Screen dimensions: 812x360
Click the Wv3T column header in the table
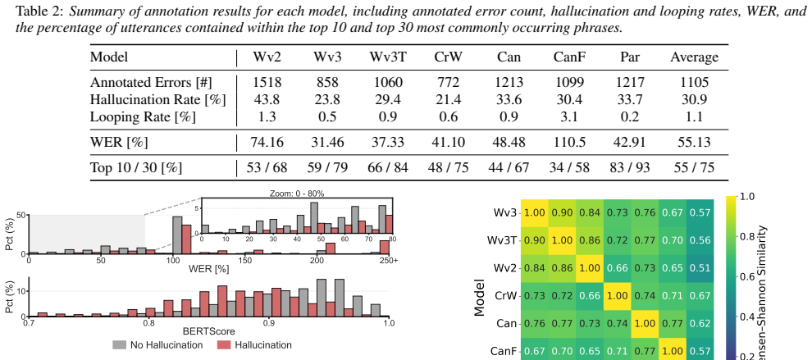pyautogui.click(x=388, y=57)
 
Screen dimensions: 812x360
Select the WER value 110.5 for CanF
pyautogui.click(x=570, y=142)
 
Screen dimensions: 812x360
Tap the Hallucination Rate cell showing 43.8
pyautogui.click(x=267, y=99)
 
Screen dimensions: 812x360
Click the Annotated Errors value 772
pyautogui.click(x=448, y=82)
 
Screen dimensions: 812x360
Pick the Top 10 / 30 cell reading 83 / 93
pyautogui.click(x=630, y=167)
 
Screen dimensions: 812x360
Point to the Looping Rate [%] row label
pyautogui.click(x=143, y=116)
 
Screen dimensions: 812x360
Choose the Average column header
pyautogui.click(x=695, y=57)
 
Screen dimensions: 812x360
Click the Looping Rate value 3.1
pyautogui.click(x=570, y=116)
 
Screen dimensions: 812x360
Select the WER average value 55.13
pyautogui.click(x=695, y=142)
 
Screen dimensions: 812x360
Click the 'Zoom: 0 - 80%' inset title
pyautogui.click(x=297, y=194)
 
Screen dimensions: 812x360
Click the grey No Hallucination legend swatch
pyautogui.click(x=119, y=345)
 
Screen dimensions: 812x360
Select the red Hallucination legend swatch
pyautogui.click(x=223, y=345)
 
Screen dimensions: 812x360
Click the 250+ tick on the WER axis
pyautogui.click(x=389, y=260)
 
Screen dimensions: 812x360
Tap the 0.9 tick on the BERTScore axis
pyautogui.click(x=269, y=322)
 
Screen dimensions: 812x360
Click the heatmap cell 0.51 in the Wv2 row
pyautogui.click(x=700, y=268)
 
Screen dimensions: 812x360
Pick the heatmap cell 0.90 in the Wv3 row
pyautogui.click(x=563, y=212)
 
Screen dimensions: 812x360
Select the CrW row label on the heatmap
pyautogui.click(x=506, y=296)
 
